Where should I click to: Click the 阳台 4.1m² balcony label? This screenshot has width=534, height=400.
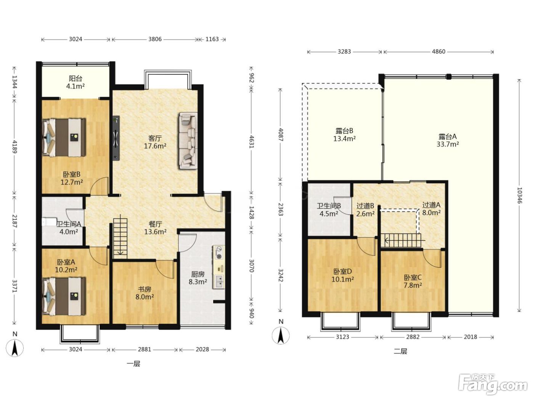[x=76, y=82]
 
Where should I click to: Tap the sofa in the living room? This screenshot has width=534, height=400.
[x=188, y=141]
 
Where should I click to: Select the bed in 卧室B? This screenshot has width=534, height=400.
[x=64, y=137]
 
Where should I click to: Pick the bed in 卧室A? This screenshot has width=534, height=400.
[x=64, y=296]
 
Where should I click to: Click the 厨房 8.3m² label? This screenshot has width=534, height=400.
[x=198, y=278]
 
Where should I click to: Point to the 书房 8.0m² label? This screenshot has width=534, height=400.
[x=145, y=293]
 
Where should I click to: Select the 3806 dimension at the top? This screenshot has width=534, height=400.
[x=155, y=39]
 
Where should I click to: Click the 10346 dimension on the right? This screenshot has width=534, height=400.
[x=520, y=195]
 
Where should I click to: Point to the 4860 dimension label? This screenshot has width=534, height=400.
[x=438, y=51]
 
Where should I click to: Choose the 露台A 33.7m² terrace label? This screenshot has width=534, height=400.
[x=448, y=140]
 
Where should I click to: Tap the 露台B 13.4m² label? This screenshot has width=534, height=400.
[x=344, y=135]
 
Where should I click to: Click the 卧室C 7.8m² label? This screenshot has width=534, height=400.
[x=413, y=281]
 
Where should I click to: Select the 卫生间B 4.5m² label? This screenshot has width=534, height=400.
[x=329, y=210]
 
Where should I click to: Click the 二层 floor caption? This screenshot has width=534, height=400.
[x=400, y=351]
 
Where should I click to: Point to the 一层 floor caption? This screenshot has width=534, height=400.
[x=133, y=364]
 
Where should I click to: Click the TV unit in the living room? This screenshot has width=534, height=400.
[x=116, y=138]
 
